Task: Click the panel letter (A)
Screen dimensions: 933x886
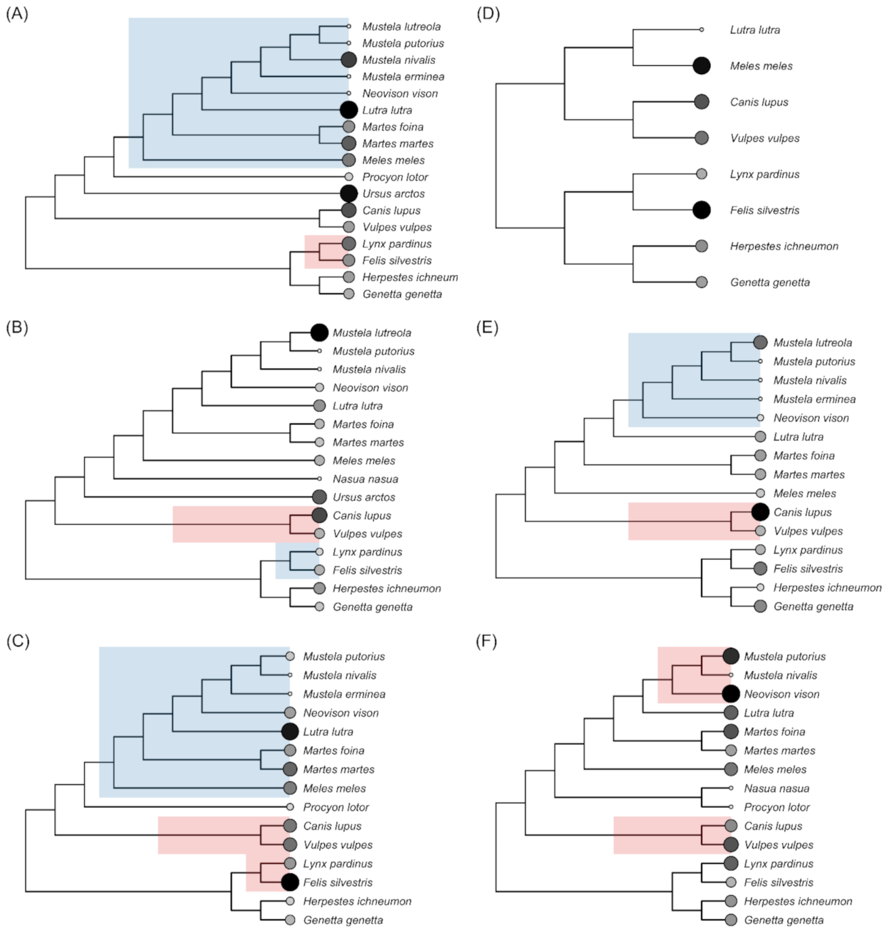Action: [x=17, y=14]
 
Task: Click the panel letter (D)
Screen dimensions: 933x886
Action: [x=488, y=14]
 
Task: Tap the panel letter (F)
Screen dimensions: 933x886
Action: [x=487, y=641]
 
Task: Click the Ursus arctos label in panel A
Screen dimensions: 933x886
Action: [x=393, y=194]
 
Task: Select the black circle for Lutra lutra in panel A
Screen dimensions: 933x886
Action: [x=349, y=110]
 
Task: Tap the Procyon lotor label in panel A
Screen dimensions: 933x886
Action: [x=395, y=177]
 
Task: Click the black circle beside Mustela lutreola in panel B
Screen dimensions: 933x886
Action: [x=320, y=332]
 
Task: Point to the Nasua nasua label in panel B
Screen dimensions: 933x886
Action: [x=365, y=479]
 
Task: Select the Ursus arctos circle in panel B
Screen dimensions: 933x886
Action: [x=320, y=497]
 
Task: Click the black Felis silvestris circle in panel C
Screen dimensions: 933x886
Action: [x=290, y=882]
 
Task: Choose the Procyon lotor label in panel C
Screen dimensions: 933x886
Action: [x=336, y=807]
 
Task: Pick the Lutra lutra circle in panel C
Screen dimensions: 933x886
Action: [x=290, y=731]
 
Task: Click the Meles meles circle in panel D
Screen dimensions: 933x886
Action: [x=701, y=66]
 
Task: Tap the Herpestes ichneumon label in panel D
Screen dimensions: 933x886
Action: [x=784, y=246]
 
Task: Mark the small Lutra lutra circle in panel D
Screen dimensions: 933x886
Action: [x=701, y=30]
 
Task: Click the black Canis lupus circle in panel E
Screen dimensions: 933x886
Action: [x=760, y=512]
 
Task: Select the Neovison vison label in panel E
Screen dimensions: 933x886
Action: [x=811, y=418]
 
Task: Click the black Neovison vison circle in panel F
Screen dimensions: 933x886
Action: [x=731, y=693]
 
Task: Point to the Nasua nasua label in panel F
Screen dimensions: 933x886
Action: [x=776, y=788]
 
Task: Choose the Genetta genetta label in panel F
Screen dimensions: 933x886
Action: [x=784, y=920]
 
